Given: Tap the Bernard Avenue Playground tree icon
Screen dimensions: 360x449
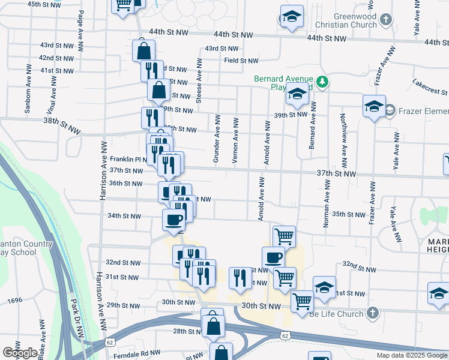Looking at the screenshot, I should (x=322, y=81).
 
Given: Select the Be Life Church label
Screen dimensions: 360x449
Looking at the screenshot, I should (x=337, y=313).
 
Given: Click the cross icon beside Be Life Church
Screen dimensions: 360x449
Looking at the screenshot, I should (x=372, y=313).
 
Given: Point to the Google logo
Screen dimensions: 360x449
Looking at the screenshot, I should (x=19, y=353).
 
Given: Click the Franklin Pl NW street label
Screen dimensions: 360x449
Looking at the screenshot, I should (x=127, y=159).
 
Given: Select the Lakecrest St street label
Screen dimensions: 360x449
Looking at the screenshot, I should (x=430, y=88).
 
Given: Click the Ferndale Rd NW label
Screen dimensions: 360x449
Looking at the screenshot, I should (x=139, y=352).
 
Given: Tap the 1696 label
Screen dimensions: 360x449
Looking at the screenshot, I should (x=15, y=300).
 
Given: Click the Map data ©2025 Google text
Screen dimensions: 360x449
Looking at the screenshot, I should (x=411, y=355).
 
